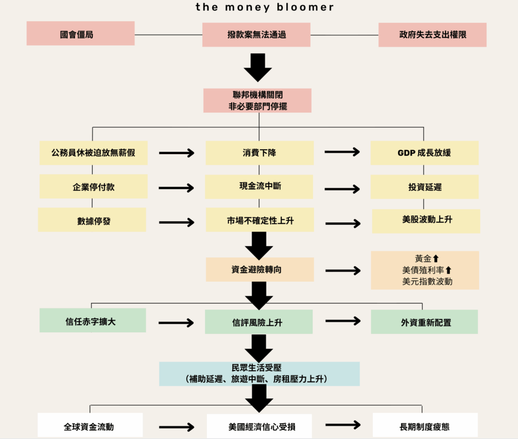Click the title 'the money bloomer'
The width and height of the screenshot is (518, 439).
[265, 8]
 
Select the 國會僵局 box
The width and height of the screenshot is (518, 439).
[80, 34]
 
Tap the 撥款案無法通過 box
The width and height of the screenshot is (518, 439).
[256, 34]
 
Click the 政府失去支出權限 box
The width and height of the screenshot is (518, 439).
[433, 35]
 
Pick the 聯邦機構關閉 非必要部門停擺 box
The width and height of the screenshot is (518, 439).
[257, 101]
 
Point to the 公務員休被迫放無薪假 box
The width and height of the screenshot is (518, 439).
[94, 153]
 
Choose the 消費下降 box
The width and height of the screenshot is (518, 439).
[260, 153]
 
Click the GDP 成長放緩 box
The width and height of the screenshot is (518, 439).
[424, 153]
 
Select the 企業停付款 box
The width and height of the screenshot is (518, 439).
[94, 187]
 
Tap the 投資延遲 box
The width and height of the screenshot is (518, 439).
[424, 187]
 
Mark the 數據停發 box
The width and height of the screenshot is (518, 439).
[92, 220]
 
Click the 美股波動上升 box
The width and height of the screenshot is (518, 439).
[426, 221]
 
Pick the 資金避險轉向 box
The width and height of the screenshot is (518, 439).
[260, 270]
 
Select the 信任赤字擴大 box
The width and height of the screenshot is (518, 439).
[93, 321]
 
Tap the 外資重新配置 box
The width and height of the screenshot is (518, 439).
[424, 322]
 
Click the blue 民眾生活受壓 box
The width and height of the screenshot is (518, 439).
[260, 374]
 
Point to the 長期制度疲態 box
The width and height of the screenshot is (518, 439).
[425, 426]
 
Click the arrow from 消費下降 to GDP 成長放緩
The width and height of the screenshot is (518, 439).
[342, 152]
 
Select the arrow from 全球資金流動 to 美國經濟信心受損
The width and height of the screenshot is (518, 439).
[176, 426]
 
